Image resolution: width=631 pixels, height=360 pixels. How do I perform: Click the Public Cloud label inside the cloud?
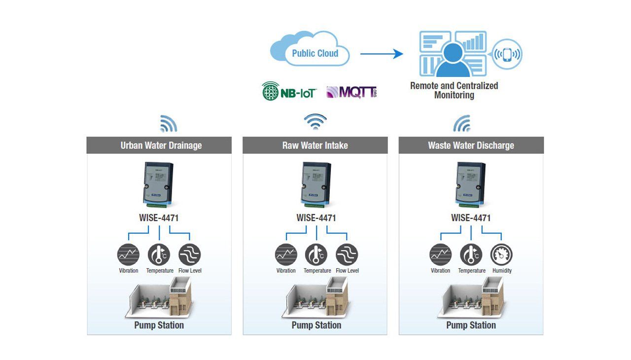pos(315,53)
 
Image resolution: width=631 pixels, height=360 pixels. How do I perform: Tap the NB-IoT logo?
pos(289,91)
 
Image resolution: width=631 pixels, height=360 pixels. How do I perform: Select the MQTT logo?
pos(351,92)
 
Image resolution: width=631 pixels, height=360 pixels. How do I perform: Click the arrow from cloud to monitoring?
pos(382,54)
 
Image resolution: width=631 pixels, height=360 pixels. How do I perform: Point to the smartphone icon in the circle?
pos(507,54)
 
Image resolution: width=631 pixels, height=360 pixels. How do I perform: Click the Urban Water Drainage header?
pos(159,145)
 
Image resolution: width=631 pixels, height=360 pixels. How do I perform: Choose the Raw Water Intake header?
pos(315,145)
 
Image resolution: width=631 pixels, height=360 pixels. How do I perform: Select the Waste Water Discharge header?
pos(471,145)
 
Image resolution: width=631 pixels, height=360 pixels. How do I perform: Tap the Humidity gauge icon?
pos(501,254)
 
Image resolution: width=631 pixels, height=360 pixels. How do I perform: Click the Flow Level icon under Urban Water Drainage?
pos(190,254)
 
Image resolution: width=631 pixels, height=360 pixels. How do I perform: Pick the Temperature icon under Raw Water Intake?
pos(316,254)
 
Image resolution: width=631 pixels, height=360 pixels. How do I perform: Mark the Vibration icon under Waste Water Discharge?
pos(440,254)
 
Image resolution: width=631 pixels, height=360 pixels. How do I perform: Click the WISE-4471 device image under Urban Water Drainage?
pos(158,184)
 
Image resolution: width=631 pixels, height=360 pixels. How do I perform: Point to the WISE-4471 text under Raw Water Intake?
pos(316,218)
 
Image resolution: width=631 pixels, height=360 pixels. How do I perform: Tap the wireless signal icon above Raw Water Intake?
pos(315,122)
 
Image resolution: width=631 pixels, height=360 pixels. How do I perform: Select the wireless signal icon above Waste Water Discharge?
pos(462,124)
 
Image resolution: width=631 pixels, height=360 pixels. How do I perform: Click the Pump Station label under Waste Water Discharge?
pos(471,325)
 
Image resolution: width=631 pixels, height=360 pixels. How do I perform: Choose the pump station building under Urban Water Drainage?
pos(159,298)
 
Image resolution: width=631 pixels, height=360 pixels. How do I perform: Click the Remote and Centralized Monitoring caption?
pos(454,90)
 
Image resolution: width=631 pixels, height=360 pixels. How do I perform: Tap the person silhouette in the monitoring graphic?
pos(453,60)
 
